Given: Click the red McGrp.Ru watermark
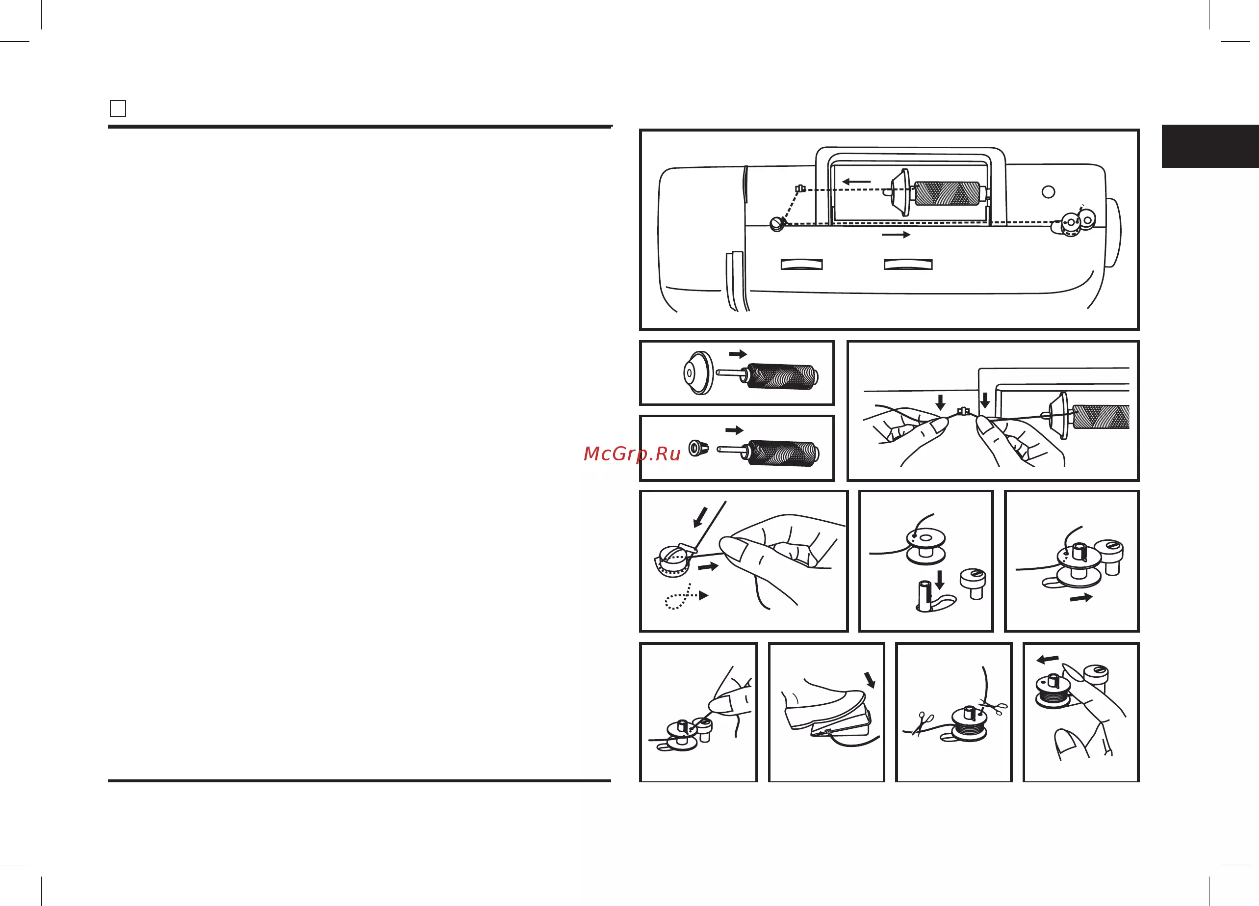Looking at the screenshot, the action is click(632, 454).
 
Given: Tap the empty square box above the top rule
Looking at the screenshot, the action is click(118, 108).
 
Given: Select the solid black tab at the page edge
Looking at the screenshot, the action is click(1210, 146).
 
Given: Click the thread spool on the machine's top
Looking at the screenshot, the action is click(948, 194).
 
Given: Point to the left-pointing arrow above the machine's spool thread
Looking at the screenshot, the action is click(856, 181).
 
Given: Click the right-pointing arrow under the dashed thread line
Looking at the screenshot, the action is click(896, 235).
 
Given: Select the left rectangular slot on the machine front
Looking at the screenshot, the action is click(801, 265).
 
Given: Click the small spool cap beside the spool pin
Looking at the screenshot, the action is click(698, 448).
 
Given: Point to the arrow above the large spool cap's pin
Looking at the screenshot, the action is click(738, 354).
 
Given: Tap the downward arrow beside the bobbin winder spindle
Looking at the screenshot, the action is click(940, 579).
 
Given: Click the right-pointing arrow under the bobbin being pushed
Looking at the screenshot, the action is click(1081, 598).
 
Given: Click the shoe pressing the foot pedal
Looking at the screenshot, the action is click(823, 704).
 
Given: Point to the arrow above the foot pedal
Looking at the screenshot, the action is click(870, 679).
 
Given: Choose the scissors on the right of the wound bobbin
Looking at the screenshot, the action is click(994, 707).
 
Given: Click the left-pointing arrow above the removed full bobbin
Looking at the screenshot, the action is click(1048, 659).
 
